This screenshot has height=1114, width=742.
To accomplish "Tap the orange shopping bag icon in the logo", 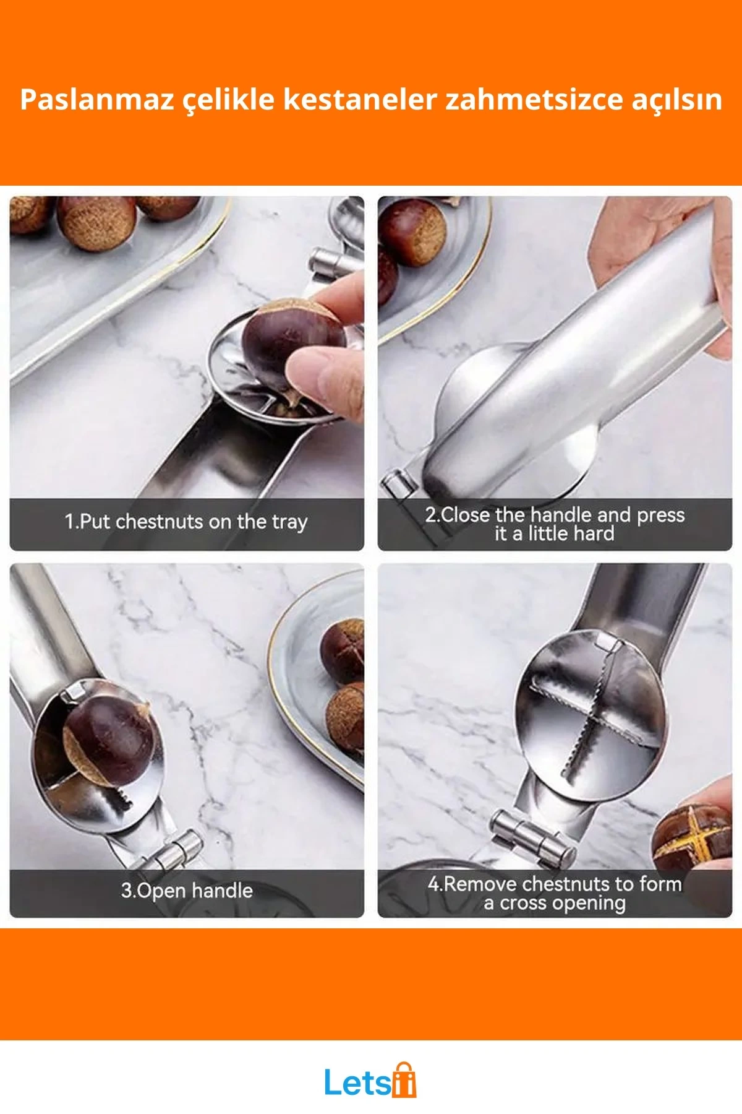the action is [x=404, y=1080].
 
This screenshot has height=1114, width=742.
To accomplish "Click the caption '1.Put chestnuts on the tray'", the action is [x=186, y=522].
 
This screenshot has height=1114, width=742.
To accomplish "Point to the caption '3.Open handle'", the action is [x=187, y=890].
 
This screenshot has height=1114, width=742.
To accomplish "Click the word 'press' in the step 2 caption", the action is [x=660, y=516].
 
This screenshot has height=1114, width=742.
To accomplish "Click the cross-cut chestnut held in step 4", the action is [x=693, y=839].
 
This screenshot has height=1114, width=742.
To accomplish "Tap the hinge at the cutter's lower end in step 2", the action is [x=399, y=483].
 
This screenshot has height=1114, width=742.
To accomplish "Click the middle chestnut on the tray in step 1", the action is [x=96, y=222].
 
